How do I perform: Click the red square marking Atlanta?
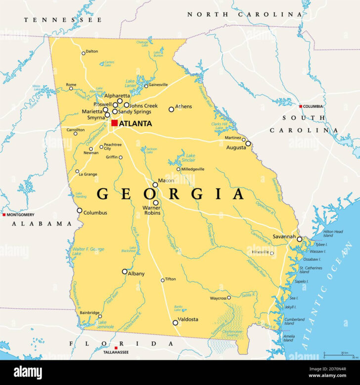[114, 123]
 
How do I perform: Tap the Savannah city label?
[284, 237]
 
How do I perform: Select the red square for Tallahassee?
[116, 348]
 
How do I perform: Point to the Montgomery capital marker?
[4, 215]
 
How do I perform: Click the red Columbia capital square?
[300, 106]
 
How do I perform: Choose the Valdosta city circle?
[175, 323]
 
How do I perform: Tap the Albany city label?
[136, 274]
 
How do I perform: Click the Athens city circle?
[172, 109]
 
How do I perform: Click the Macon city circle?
[155, 185]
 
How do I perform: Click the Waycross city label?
[218, 298]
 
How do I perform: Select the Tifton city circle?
[162, 280]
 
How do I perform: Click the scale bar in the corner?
[340, 355]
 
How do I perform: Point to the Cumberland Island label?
[294, 322]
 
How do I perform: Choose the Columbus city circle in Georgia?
[79, 210]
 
